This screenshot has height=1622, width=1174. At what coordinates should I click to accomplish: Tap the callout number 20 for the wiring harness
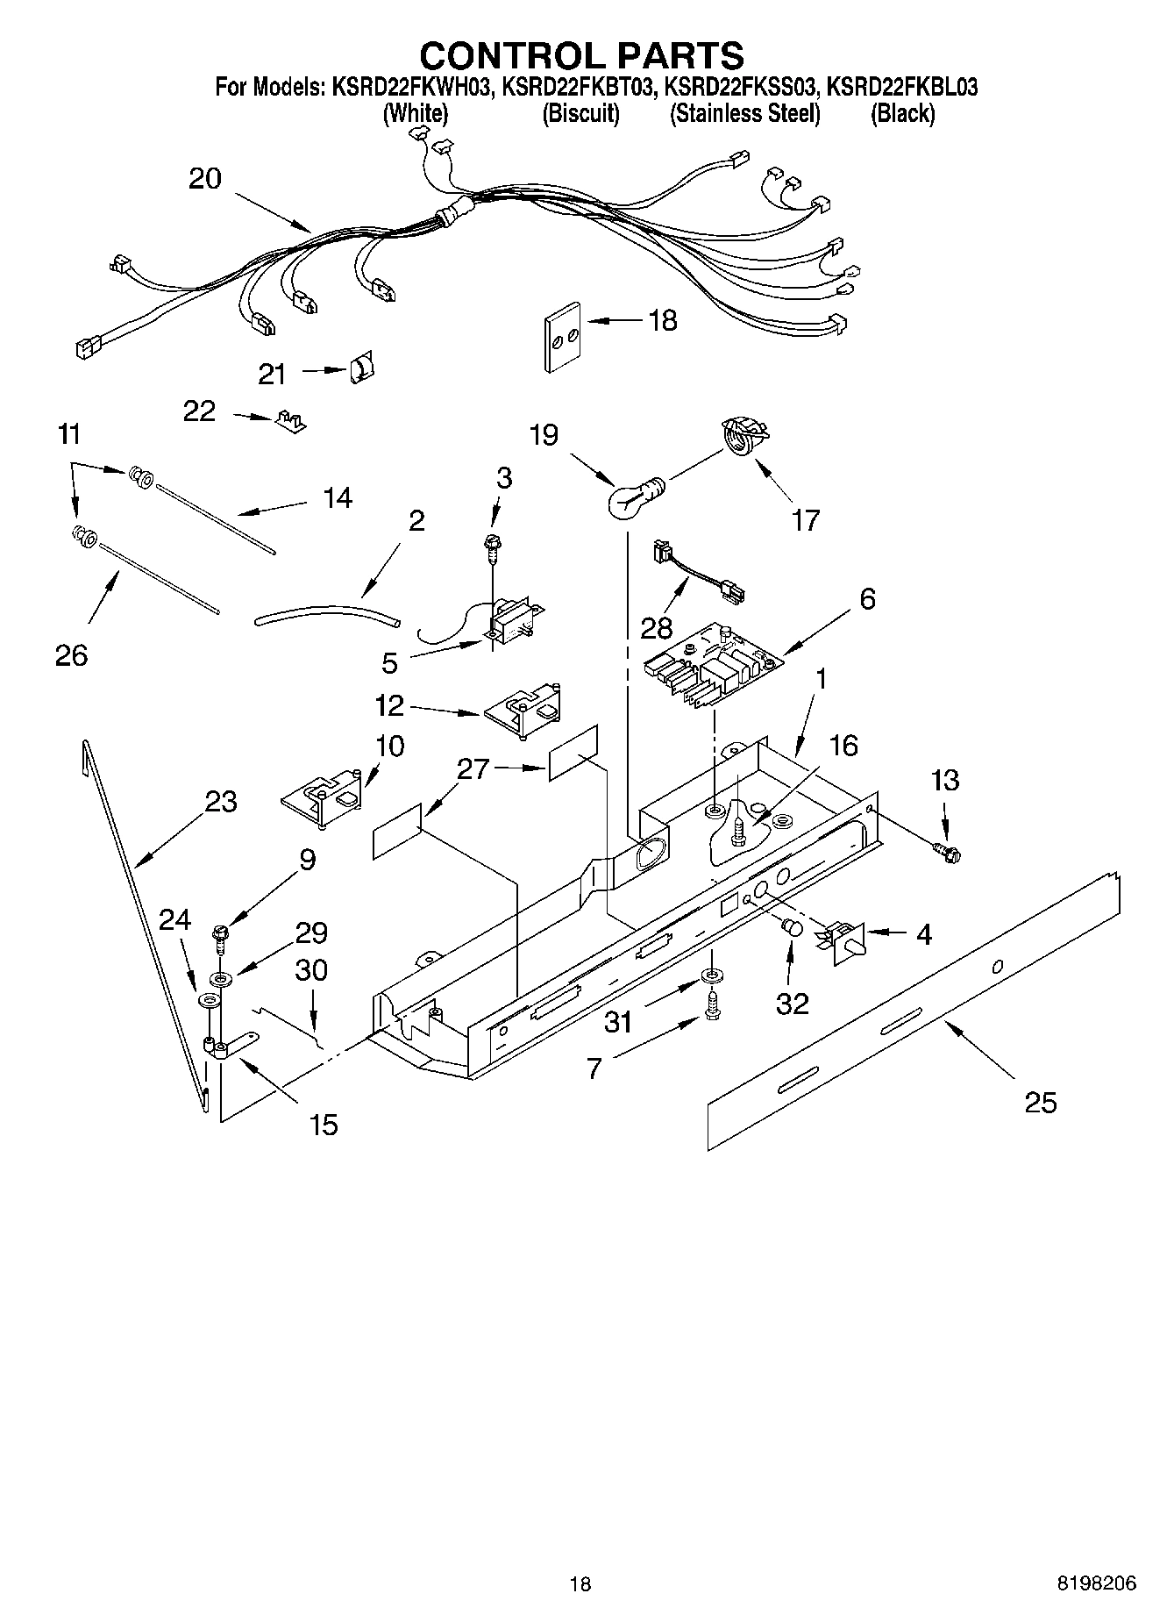click(205, 179)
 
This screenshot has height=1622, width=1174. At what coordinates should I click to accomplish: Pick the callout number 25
click(1041, 1102)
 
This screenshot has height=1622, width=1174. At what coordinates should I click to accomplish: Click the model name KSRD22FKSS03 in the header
click(742, 88)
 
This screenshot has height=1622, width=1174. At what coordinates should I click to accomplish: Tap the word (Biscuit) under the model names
click(580, 114)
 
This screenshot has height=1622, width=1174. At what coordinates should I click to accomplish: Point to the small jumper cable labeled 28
click(698, 575)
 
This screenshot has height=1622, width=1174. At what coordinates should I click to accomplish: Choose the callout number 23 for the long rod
click(221, 801)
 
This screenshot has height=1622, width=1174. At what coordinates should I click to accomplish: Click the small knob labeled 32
click(792, 928)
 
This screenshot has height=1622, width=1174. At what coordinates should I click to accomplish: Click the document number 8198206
click(1096, 1583)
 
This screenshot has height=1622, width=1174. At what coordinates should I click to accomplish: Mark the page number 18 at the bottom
click(580, 1583)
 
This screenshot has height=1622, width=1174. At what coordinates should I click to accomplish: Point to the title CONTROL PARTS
click(581, 54)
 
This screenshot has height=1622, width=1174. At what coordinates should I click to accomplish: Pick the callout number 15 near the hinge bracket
click(324, 1125)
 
